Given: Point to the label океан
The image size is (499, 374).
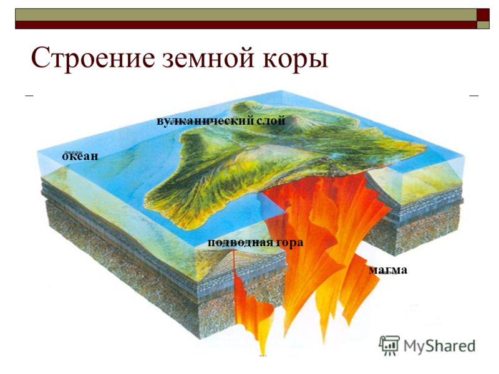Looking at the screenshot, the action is [80, 156].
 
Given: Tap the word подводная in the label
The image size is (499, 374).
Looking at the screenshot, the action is [240, 242].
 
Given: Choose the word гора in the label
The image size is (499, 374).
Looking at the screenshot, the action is [290, 243].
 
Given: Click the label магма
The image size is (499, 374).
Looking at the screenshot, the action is [388, 270].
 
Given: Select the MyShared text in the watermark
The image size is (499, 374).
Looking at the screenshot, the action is [440, 346].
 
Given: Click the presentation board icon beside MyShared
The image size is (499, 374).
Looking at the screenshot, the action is [389, 345].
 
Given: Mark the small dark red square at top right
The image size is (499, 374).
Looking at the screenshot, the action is [483, 14].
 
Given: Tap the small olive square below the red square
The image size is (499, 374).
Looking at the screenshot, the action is [483, 25].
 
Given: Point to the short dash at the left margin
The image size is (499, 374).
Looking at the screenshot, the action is [29, 95].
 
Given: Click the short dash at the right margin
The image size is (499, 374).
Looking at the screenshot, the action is [474, 95].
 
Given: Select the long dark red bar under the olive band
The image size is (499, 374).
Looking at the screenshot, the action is [246, 25].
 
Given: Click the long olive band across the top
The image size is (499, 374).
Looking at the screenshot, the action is [246, 14].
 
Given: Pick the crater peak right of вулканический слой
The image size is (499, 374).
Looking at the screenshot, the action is [298, 122].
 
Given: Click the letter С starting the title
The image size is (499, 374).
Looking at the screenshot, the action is [39, 58].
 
